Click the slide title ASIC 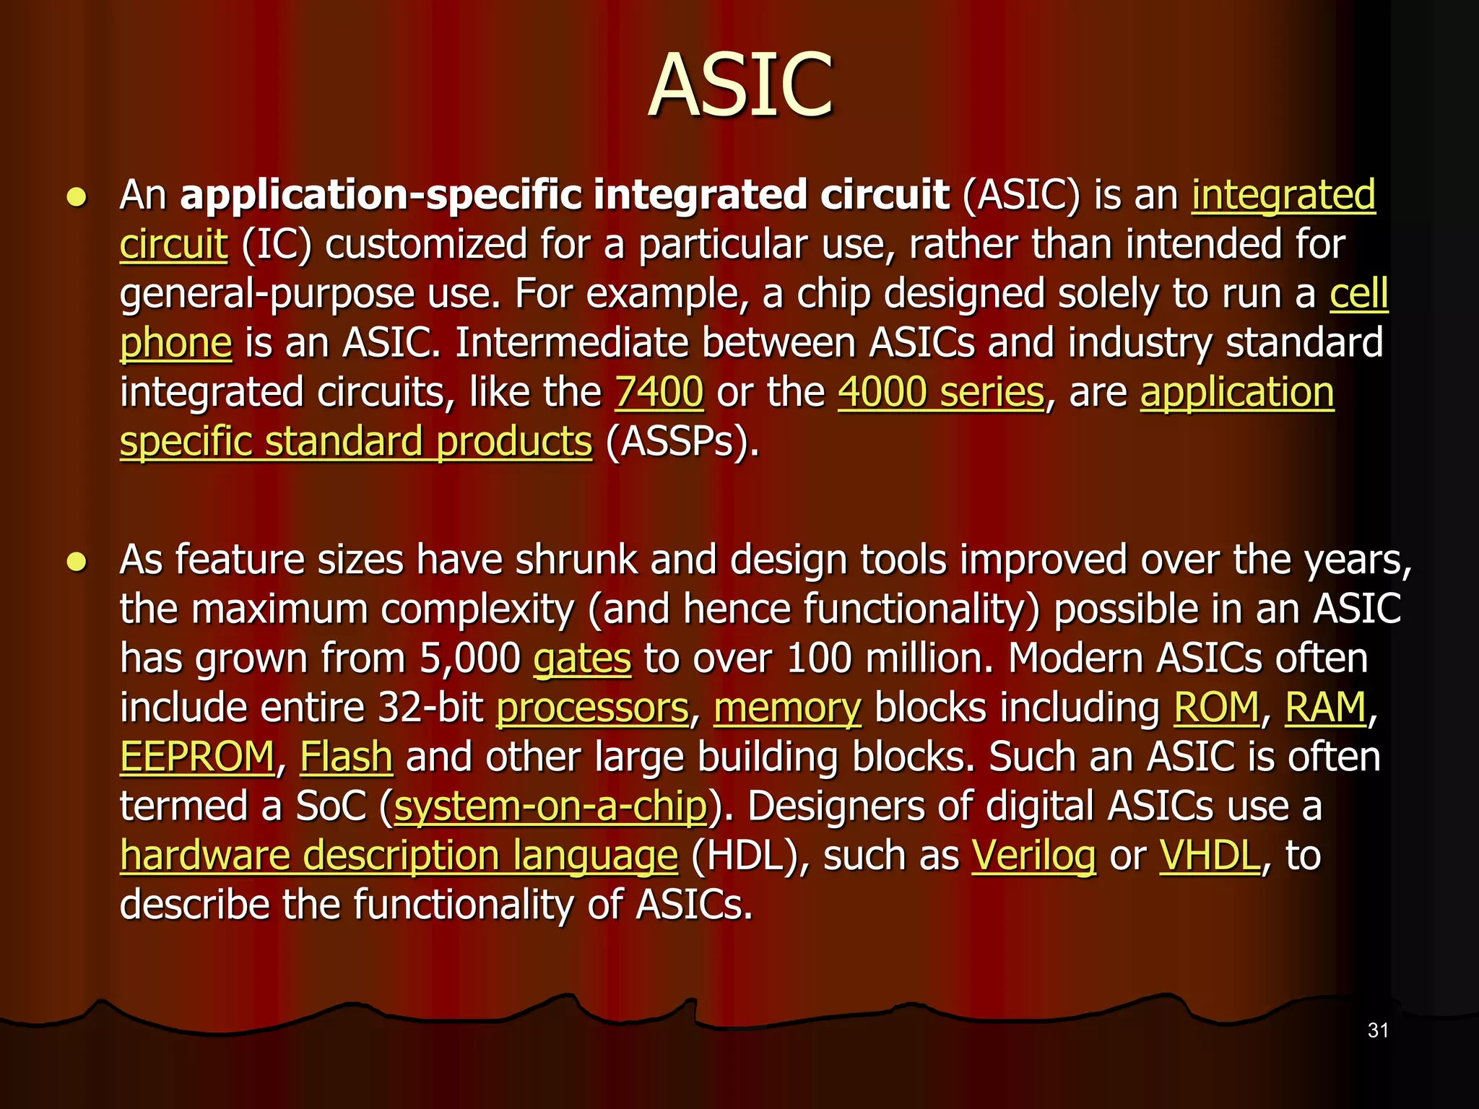(x=740, y=85)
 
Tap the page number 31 (x=1378, y=1030)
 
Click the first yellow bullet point (x=77, y=197)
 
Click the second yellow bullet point (x=77, y=562)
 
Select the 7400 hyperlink (x=659, y=393)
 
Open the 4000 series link (x=940, y=393)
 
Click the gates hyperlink (x=582, y=659)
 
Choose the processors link (x=592, y=708)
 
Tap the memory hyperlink (x=787, y=708)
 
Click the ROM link (x=1216, y=708)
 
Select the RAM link (x=1325, y=708)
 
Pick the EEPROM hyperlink (x=197, y=757)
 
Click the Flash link (x=346, y=757)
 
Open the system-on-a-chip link (x=550, y=806)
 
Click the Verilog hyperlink (x=1033, y=856)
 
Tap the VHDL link (x=1210, y=856)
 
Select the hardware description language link (x=399, y=856)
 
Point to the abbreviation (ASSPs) (x=682, y=442)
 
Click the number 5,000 (x=470, y=659)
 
